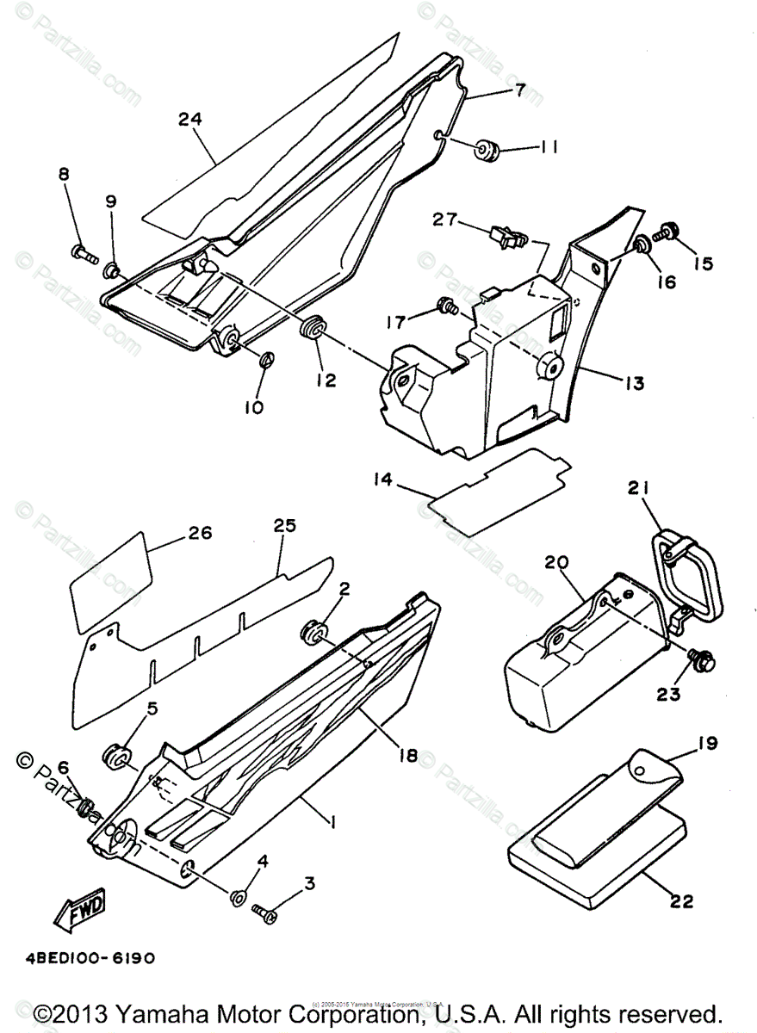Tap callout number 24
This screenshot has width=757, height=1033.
(x=190, y=119)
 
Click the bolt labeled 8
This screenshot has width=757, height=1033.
(x=83, y=252)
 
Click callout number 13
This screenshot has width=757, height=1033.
(x=636, y=383)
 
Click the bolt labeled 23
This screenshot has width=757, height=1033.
(x=695, y=661)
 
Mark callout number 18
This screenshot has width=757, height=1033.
(x=407, y=756)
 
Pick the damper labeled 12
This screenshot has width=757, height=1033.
(x=312, y=327)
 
